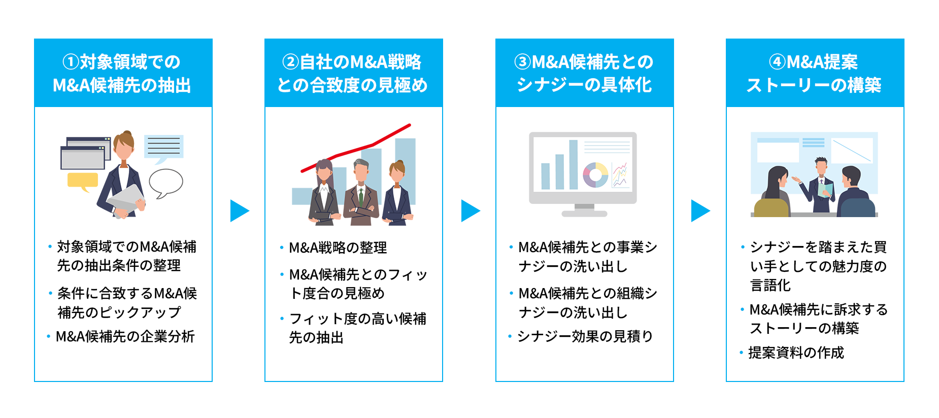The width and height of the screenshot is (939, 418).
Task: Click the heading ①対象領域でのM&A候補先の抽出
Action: tap(122, 73)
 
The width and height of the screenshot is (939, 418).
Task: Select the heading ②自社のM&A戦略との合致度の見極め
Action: tap(353, 73)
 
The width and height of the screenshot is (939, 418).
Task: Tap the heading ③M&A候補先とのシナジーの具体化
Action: tap(584, 73)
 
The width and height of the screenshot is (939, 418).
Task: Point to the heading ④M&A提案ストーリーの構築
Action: tap(814, 73)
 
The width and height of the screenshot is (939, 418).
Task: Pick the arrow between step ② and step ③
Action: tap(470, 211)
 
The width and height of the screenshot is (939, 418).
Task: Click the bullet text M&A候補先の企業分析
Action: tap(125, 336)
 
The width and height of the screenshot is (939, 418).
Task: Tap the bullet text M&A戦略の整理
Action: tap(338, 248)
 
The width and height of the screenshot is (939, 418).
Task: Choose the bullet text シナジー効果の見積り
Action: tap(585, 336)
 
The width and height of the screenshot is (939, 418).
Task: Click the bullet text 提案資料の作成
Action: tap(796, 353)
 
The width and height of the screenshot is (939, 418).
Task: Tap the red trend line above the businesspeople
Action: tap(355, 150)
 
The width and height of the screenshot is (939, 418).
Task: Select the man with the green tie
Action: tap(361, 193)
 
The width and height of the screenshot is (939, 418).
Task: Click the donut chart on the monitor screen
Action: tap(595, 175)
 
